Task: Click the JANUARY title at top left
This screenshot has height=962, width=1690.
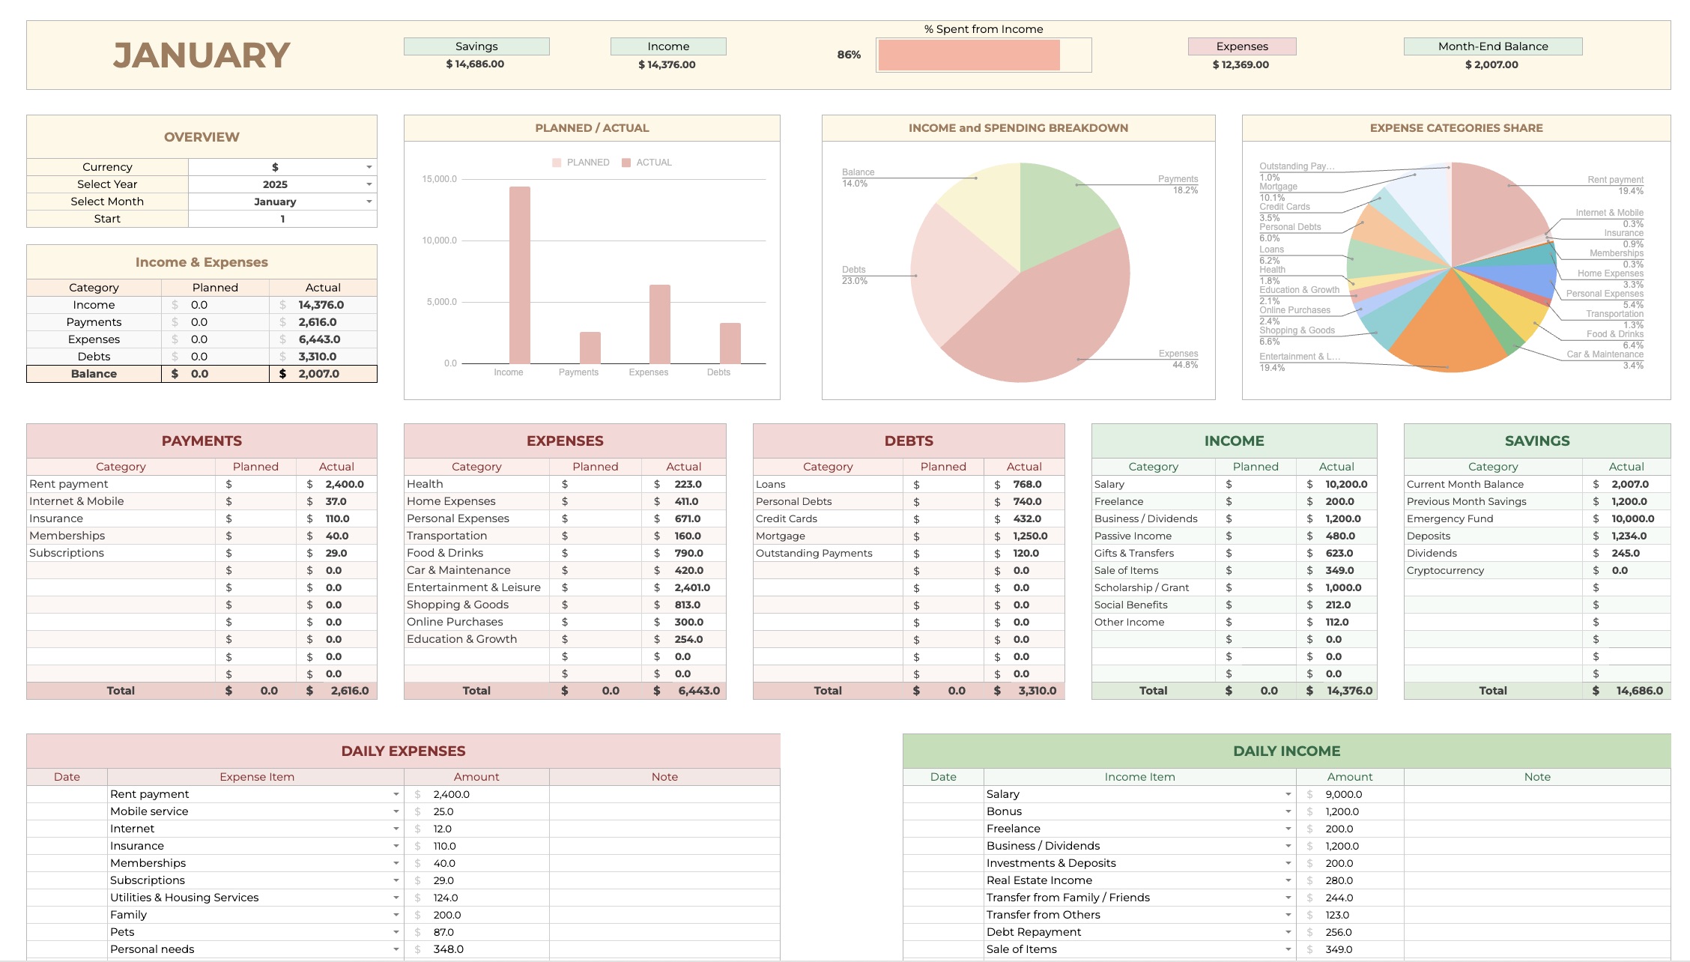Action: (201, 55)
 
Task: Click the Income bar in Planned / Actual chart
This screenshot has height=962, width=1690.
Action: (519, 275)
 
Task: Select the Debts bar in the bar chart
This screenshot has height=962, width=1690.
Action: (730, 343)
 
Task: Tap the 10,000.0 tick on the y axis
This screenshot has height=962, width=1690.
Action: (439, 240)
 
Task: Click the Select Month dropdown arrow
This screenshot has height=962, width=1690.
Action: (369, 202)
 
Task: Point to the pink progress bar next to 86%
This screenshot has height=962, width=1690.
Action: (969, 55)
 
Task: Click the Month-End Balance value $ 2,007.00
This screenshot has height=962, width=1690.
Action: (1491, 64)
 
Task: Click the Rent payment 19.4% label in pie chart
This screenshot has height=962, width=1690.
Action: (1615, 185)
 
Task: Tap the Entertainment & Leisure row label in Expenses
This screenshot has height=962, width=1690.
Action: (473, 587)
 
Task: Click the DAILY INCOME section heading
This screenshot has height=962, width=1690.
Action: (1286, 751)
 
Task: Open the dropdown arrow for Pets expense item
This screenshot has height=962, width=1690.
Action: (396, 932)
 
